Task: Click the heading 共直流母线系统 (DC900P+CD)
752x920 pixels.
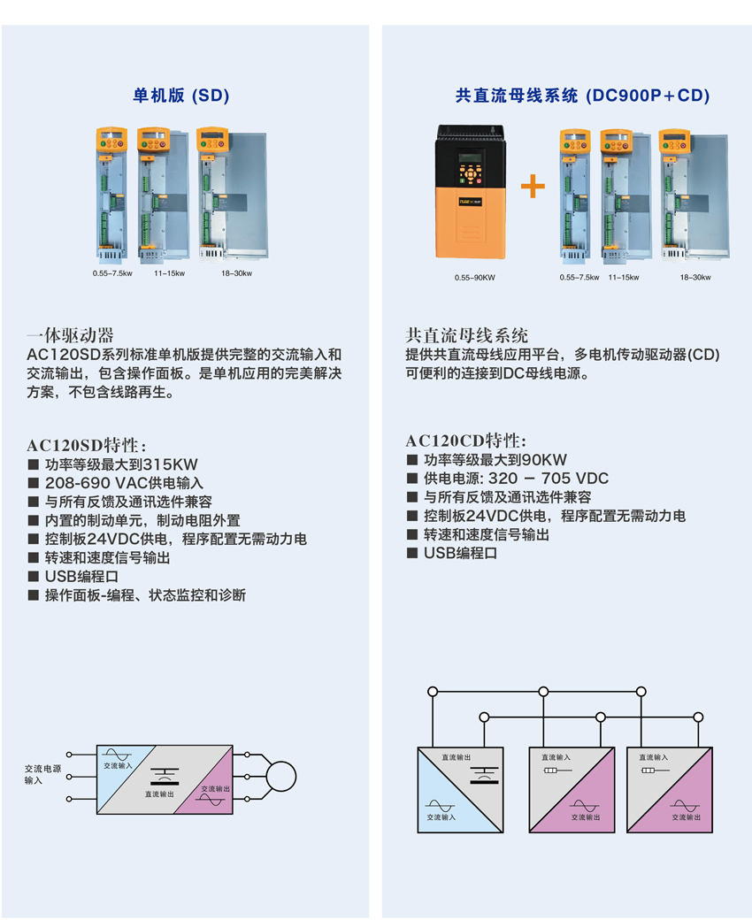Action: (x=582, y=96)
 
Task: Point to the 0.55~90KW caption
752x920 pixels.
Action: (x=475, y=278)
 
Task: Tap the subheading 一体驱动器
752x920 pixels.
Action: (x=71, y=335)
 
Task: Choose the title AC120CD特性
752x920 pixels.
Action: (x=466, y=441)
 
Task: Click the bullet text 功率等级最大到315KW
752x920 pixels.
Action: (x=121, y=464)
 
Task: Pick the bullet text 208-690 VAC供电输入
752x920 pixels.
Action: (x=124, y=483)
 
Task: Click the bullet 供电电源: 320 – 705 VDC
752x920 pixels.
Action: (x=516, y=479)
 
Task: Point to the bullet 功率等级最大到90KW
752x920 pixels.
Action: (x=495, y=460)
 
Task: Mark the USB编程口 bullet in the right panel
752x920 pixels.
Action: (x=460, y=553)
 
